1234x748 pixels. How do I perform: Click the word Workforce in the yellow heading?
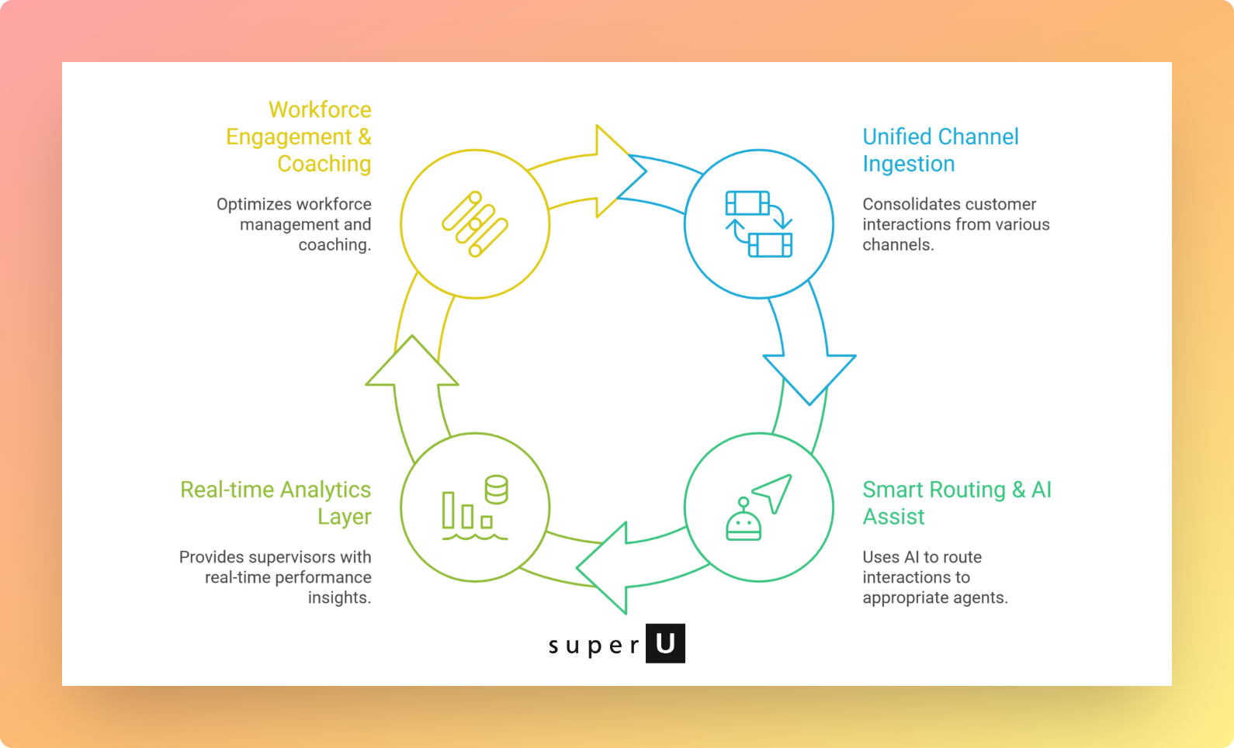pyautogui.click(x=320, y=109)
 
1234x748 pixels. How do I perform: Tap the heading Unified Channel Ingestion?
pyautogui.click(x=940, y=150)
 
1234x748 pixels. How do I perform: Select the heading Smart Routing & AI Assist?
pyautogui.click(x=956, y=503)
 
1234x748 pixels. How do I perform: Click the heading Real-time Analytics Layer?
pyautogui.click(x=276, y=503)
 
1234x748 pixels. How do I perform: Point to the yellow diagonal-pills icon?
pyautogui.click(x=475, y=224)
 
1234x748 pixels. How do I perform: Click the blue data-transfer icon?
pyautogui.click(x=759, y=224)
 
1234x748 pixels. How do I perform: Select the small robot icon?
pyautogui.click(x=744, y=521)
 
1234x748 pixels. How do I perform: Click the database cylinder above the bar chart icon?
pyautogui.click(x=496, y=489)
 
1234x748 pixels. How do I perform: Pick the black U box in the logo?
pyautogui.click(x=665, y=643)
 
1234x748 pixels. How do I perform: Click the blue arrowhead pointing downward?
pyautogui.click(x=809, y=377)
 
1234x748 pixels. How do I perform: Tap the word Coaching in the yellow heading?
pyautogui.click(x=324, y=164)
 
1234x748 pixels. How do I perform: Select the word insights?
pyautogui.click(x=339, y=597)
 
